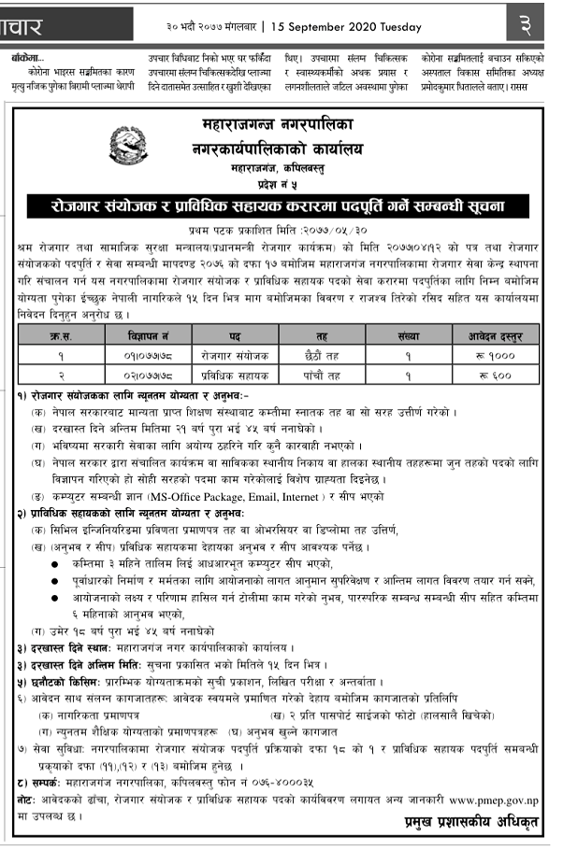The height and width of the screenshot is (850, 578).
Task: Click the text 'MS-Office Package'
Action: tap(203, 494)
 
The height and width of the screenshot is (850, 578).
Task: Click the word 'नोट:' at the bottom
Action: tap(29, 800)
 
